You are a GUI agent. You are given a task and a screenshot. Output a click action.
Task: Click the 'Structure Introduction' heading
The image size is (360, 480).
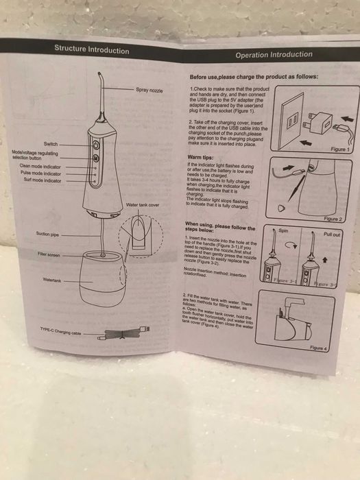pos(91,49)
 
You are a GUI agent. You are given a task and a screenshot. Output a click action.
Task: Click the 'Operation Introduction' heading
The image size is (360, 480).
pos(274,54)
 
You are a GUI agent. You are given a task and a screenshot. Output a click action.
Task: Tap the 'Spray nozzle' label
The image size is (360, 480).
pos(152,90)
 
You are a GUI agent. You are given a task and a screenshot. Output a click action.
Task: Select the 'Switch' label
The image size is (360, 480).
pos(51,144)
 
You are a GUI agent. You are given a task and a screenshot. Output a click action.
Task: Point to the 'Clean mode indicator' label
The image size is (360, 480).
pos(40,166)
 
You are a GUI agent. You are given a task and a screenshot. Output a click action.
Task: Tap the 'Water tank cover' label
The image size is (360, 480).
pos(143,205)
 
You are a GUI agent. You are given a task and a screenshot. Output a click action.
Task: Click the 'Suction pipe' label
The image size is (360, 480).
pos(47,234)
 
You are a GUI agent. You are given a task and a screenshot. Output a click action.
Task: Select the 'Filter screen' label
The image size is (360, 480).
pos(49,254)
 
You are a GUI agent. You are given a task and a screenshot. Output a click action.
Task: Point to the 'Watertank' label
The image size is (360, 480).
pos(52,280)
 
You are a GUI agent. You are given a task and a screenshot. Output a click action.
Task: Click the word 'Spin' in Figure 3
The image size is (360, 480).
pos(286,232)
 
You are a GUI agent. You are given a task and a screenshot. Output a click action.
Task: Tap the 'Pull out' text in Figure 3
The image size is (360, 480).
pos(331,234)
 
